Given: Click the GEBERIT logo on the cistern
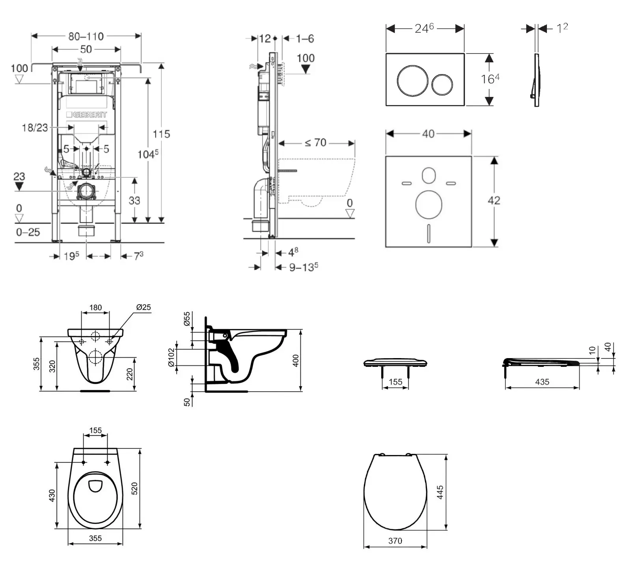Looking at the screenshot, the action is [86, 115].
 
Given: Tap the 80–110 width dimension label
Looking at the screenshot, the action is [86, 36].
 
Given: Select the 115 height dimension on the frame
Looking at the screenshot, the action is [161, 134].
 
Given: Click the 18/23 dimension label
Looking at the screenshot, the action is [35, 128].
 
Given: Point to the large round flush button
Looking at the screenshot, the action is [412, 80].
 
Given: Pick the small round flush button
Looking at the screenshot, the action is [442, 85].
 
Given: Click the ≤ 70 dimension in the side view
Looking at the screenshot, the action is [315, 143].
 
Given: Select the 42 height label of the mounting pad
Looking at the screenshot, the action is [494, 201].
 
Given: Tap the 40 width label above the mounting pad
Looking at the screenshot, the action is [428, 134].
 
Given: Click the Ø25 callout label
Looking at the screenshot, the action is [144, 307].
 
